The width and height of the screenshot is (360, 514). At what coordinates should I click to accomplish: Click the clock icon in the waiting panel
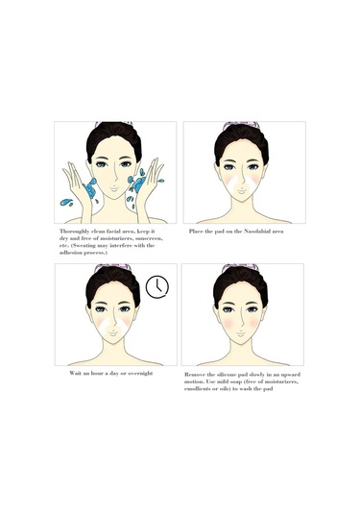coord(157,287)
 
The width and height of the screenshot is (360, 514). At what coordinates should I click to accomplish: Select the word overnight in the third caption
coord(140,374)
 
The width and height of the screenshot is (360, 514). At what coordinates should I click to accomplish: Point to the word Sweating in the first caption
coord(84,246)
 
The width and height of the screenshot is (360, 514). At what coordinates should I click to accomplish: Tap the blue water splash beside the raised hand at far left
coord(66,203)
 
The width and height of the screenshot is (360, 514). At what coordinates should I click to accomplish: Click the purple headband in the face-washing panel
coord(113,124)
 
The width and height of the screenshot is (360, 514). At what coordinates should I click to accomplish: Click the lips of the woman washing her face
coord(114,189)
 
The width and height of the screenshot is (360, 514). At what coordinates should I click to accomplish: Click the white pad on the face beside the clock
coord(113,327)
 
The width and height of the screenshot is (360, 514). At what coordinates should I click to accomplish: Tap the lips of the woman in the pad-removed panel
coord(241,333)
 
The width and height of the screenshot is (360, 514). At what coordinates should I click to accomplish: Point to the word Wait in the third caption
coord(74,374)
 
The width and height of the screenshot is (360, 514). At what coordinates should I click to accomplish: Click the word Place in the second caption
coord(195,232)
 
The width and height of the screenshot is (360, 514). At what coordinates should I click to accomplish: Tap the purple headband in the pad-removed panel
coord(241,267)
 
